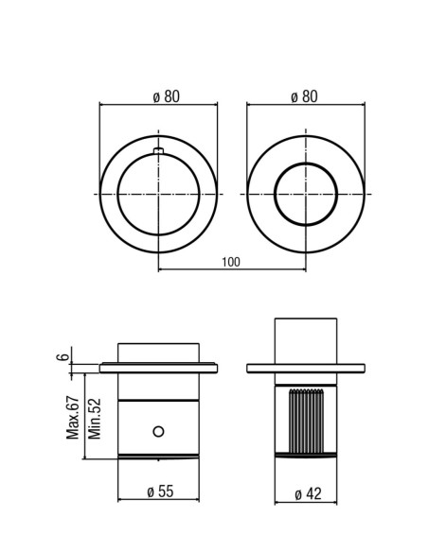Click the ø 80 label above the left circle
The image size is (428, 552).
[x=166, y=96]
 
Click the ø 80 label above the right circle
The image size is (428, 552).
[x=304, y=96]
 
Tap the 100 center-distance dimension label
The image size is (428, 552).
[x=231, y=262]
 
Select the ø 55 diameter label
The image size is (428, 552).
[x=160, y=492]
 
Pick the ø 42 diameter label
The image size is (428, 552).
[x=308, y=494]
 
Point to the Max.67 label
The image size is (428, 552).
[x=73, y=418]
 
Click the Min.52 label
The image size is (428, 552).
[x=95, y=419]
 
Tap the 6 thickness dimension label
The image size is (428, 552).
[x=62, y=356]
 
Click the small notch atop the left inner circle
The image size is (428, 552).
[x=159, y=151]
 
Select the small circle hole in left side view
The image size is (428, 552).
[x=159, y=431]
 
